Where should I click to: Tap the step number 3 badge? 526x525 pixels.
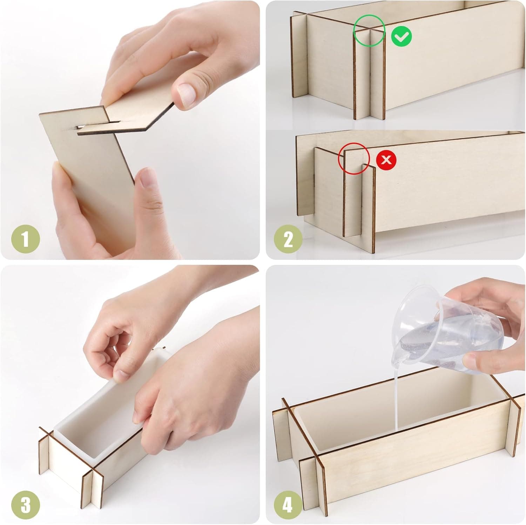(x=26, y=505)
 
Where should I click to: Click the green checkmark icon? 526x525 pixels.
(x=402, y=36)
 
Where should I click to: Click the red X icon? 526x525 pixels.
(x=386, y=160)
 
